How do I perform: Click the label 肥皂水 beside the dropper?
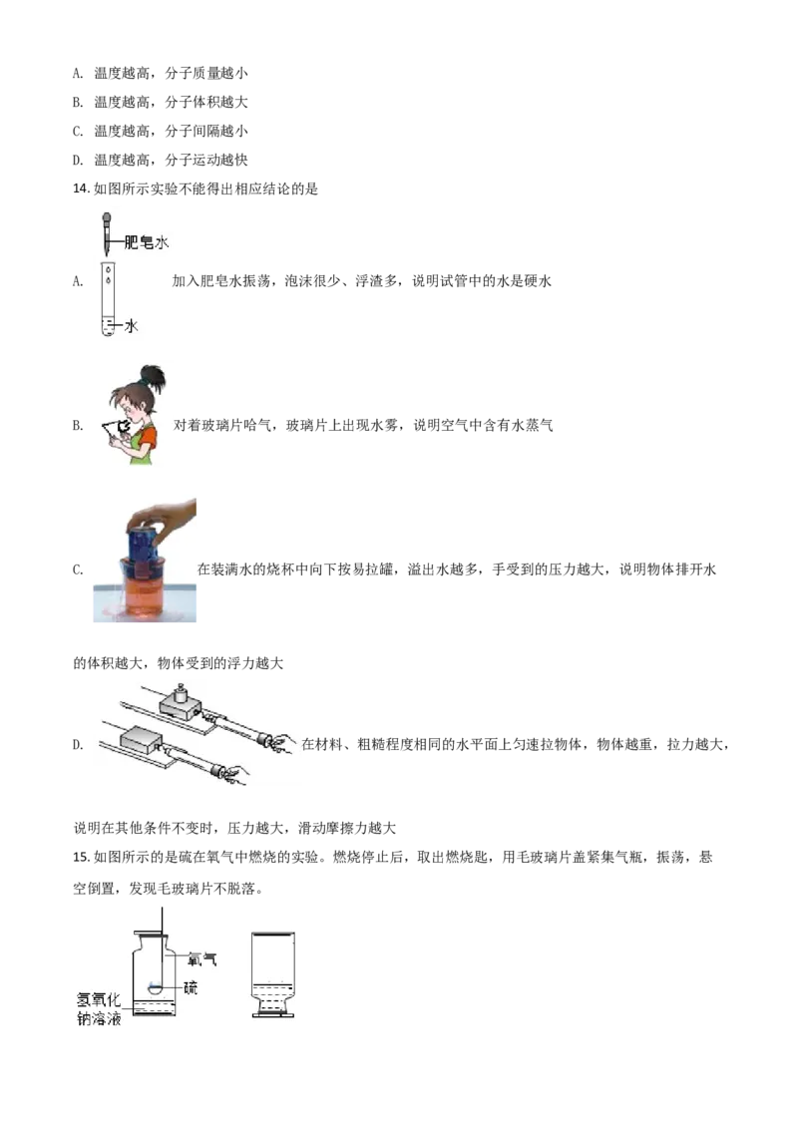point(147,241)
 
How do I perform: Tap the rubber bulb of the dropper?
point(106,216)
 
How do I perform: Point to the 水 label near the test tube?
point(130,325)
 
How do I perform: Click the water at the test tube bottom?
point(107,326)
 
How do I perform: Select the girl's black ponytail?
point(152,376)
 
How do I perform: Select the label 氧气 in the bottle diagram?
point(202,960)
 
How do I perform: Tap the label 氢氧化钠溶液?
point(98,1007)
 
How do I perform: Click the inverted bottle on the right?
point(271,972)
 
